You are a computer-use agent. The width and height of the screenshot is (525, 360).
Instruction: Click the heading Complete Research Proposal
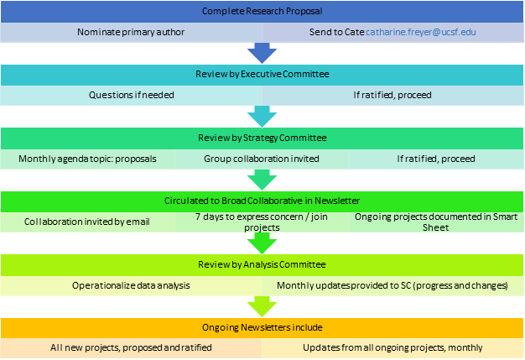tap(262, 11)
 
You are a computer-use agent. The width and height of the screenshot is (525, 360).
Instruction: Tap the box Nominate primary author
tap(132, 32)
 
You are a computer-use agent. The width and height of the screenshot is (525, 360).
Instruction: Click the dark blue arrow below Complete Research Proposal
tap(262, 52)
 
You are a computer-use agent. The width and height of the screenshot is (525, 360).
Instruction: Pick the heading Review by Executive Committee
tap(262, 75)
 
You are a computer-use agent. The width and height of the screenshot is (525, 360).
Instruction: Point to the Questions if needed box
tap(132, 95)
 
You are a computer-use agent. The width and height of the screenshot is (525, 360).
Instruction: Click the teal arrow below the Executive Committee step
tap(262, 115)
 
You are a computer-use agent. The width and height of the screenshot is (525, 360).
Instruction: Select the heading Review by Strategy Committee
tap(262, 138)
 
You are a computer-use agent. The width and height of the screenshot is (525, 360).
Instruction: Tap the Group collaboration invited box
tap(262, 158)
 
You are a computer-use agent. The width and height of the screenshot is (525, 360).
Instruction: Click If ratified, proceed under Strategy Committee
tap(436, 158)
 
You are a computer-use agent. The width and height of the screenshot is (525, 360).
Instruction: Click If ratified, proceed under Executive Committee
tap(392, 95)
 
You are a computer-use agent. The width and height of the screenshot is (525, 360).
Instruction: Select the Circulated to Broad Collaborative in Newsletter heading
tap(262, 201)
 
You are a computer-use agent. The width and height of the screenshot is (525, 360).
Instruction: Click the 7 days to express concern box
tap(262, 222)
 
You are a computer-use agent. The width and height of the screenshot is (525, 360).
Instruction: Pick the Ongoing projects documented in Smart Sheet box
tap(436, 222)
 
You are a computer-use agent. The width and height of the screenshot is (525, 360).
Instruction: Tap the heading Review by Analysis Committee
tap(262, 265)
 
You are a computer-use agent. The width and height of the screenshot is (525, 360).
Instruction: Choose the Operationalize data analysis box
tap(132, 285)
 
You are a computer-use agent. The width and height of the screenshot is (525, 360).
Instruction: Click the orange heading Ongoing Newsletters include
tap(262, 327)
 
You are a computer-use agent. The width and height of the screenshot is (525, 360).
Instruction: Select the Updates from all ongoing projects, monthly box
tap(392, 348)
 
